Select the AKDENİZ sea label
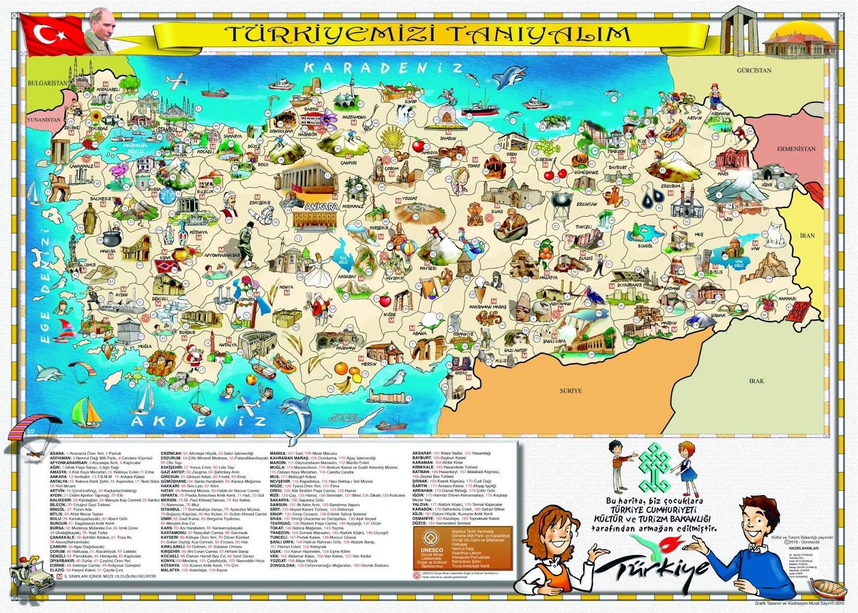[x=198, y=422]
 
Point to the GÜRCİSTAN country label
[x=754, y=70]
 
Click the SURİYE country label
[x=571, y=390]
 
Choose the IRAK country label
[x=757, y=381]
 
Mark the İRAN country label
[x=807, y=235]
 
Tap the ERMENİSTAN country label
[x=796, y=149]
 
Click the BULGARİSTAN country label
[x=48, y=83]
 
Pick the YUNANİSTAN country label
[x=44, y=120]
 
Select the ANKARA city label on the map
[x=322, y=206]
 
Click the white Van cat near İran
[x=773, y=232]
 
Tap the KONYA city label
[x=286, y=287]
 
